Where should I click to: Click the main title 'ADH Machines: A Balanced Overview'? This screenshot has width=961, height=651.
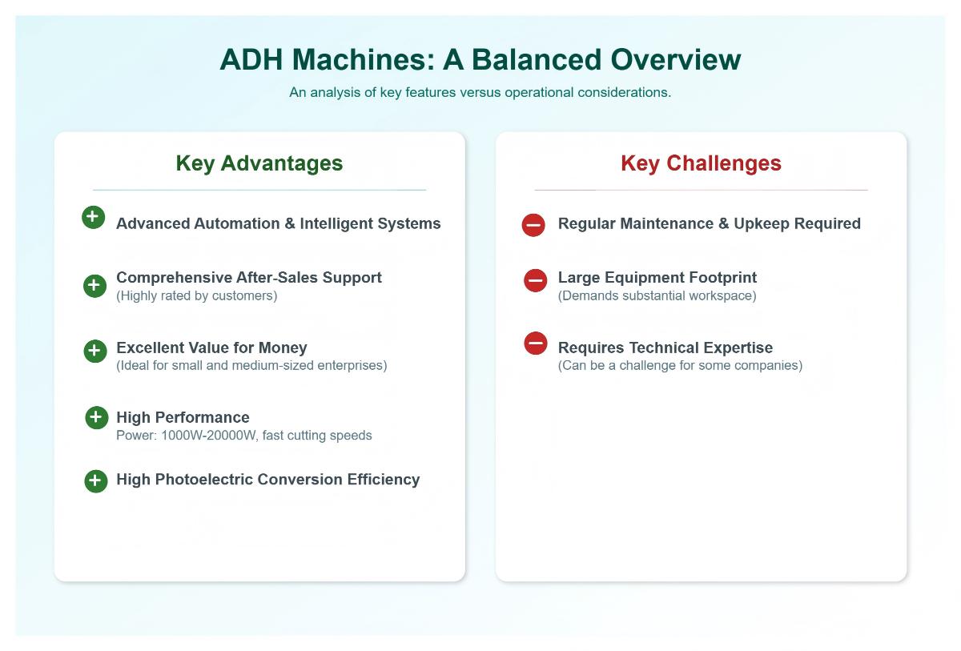[480, 60]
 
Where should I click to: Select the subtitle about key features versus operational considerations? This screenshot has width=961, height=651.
[480, 92]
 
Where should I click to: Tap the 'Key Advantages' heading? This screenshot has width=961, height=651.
[259, 163]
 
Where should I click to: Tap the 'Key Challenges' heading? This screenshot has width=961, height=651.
[701, 163]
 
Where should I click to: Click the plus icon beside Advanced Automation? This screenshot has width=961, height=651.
[93, 217]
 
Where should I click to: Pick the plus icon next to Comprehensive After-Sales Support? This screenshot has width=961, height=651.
[94, 286]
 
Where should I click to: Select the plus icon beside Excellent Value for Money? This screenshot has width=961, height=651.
[94, 351]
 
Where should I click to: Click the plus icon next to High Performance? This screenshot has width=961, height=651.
[96, 417]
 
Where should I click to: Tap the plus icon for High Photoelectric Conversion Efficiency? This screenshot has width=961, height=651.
[95, 481]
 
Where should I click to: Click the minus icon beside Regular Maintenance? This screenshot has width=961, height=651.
[533, 225]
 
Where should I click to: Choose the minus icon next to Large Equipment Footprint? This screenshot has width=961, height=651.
[535, 280]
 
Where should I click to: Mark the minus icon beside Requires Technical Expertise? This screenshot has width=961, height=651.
[535, 344]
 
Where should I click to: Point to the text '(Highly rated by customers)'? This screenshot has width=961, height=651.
[196, 295]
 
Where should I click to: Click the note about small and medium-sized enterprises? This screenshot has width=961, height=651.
[251, 365]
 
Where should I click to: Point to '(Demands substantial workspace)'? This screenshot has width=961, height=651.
[657, 295]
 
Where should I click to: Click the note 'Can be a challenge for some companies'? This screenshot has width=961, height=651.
[680, 365]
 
